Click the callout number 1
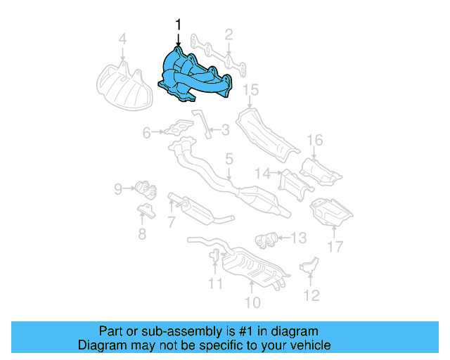[x=178, y=25]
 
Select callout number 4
[x=122, y=39]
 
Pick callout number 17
[x=335, y=247]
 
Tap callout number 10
[x=252, y=302]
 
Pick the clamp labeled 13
[x=263, y=239]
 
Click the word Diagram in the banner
[x=99, y=345]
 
